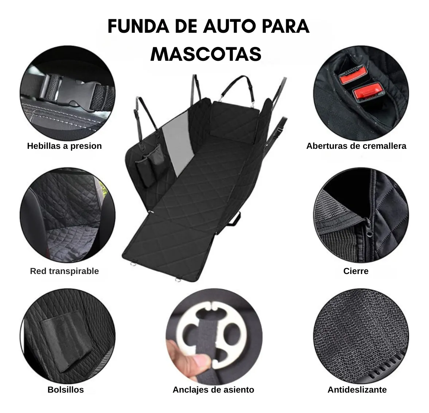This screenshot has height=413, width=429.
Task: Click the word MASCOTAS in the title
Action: [x=206, y=54]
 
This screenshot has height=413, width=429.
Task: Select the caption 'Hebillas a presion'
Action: [x=64, y=146]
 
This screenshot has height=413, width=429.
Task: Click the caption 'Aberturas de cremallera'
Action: [x=356, y=146]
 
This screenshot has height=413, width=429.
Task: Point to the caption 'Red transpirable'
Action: [x=64, y=271]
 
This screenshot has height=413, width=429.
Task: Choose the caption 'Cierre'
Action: [x=356, y=271]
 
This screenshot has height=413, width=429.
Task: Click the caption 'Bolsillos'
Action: [x=66, y=389]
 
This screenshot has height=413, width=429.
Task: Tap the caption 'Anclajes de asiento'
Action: [x=213, y=389]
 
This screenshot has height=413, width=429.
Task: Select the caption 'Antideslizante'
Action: [x=357, y=389]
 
